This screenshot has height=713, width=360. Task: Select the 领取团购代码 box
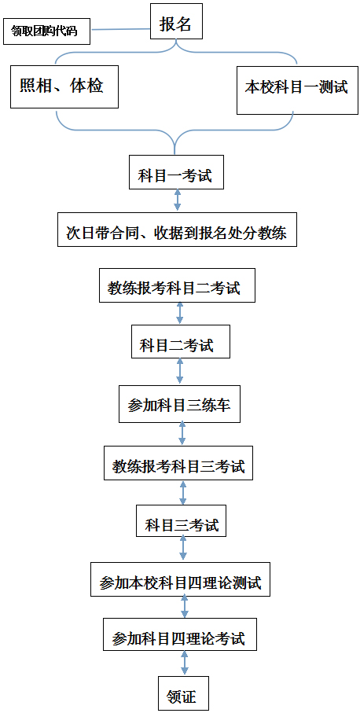coord(46,31)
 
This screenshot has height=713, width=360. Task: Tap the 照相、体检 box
coord(64,86)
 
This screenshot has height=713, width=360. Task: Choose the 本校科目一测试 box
coord(297,89)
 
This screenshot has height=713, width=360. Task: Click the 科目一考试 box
coord(176,172)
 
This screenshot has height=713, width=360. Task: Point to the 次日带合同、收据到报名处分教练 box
coord(178,230)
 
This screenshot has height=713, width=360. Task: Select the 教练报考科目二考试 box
coord(178,285)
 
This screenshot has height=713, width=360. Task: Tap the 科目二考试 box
coord(181,341)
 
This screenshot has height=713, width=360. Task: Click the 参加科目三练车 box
coord(179,404)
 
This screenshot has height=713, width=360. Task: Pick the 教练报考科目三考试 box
coord(178,463)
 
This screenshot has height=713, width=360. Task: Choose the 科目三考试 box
coord(182,520)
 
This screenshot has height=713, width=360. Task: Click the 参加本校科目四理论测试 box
coord(181,579)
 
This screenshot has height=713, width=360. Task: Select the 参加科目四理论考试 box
coord(181,634)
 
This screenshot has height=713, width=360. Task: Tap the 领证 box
coord(183,693)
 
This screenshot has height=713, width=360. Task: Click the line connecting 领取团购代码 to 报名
coord(120,30)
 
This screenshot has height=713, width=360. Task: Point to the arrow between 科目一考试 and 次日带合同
coord(178,200)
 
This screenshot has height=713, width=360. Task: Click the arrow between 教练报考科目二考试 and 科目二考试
coord(180,314)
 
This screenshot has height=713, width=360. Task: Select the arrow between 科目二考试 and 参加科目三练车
coord(180,372)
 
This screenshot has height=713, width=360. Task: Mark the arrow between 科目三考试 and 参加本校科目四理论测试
coord(183,549)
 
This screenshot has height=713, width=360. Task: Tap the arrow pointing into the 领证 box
coord(185,664)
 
